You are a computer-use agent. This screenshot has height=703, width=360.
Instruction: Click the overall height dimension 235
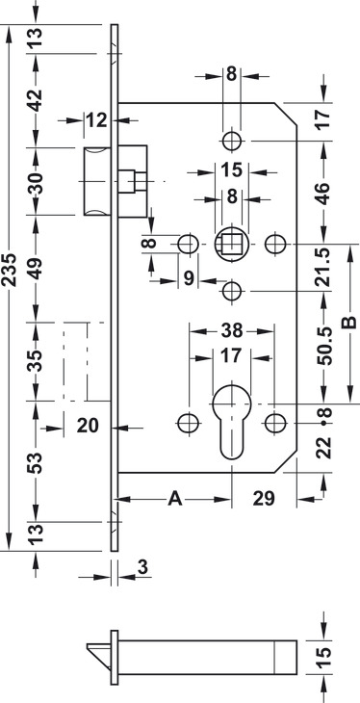pos(10,270)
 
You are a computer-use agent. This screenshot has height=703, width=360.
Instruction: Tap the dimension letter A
pos(175,499)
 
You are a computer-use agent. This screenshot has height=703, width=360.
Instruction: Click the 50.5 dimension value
pos(324,346)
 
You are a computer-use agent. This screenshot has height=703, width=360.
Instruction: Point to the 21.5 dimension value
pos(324,268)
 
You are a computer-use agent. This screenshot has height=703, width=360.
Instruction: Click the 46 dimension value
pos(324,194)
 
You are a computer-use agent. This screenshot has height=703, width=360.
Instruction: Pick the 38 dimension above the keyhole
pos(232,331)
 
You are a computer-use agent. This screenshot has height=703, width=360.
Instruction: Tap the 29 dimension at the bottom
pos(263,499)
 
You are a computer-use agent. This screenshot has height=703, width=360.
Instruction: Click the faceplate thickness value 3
pos(142,567)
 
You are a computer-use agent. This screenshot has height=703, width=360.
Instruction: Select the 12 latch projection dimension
pos(97,120)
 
